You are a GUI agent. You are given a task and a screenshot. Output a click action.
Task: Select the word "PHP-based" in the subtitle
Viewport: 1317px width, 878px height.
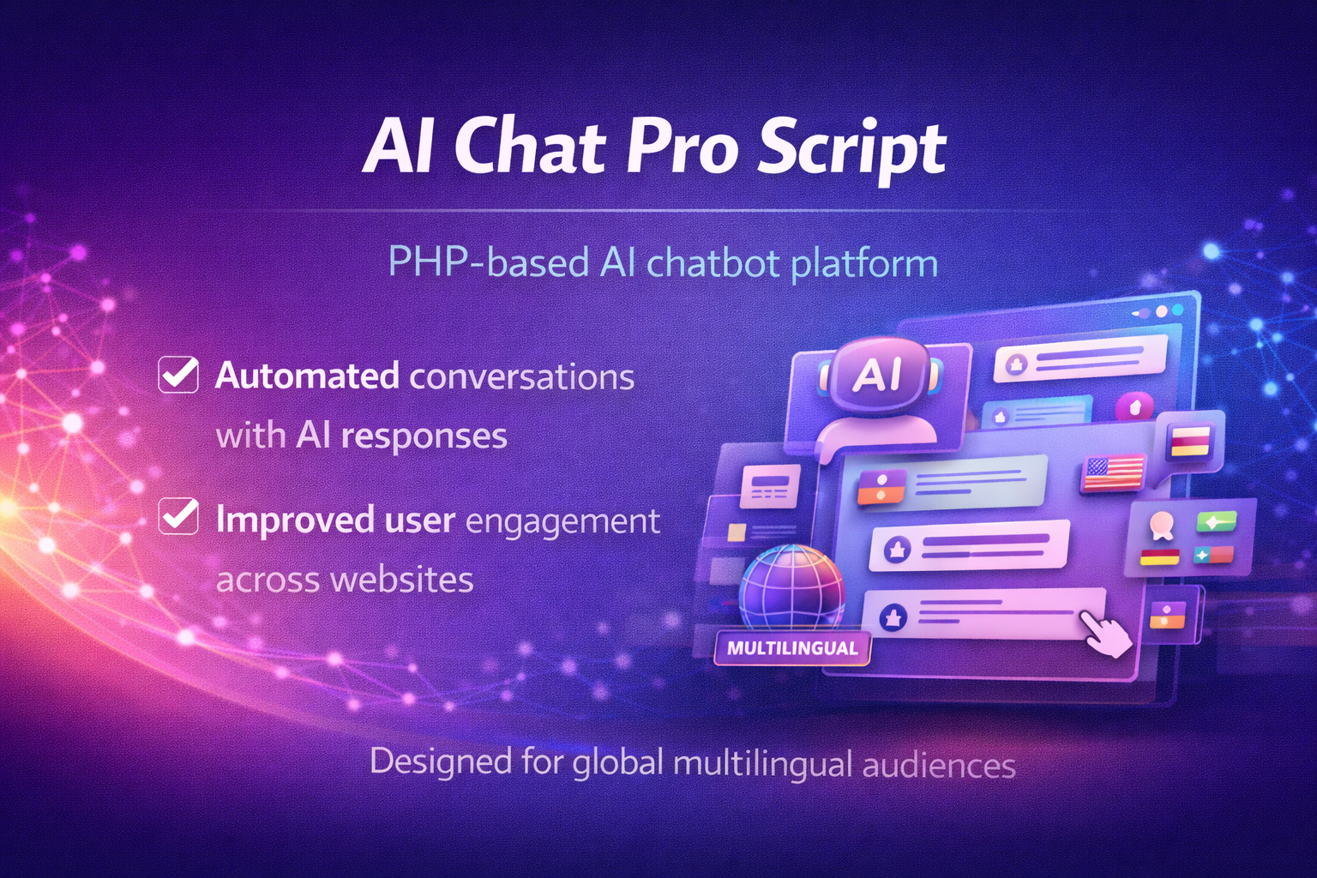click(489, 262)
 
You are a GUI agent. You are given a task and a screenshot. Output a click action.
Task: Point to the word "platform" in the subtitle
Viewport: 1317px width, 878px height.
click(863, 264)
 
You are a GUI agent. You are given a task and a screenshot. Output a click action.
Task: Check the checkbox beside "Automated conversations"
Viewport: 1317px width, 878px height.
click(178, 375)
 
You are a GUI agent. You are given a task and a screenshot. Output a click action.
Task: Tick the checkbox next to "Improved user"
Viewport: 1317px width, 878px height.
click(178, 516)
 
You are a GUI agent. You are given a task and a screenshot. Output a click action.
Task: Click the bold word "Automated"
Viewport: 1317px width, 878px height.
click(307, 376)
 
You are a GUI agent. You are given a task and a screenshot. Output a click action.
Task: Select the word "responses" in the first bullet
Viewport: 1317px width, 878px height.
click(424, 437)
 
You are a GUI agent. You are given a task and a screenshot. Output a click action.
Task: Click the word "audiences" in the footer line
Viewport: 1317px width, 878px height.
click(939, 765)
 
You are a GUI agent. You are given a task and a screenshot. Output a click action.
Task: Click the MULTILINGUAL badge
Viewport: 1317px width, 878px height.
click(792, 648)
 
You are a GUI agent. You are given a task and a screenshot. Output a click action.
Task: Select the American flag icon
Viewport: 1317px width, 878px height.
click(1113, 472)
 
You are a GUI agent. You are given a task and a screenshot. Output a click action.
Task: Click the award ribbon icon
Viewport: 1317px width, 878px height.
click(1161, 524)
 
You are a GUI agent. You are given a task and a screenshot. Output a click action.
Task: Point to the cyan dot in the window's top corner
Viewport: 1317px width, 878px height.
click(1177, 310)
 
